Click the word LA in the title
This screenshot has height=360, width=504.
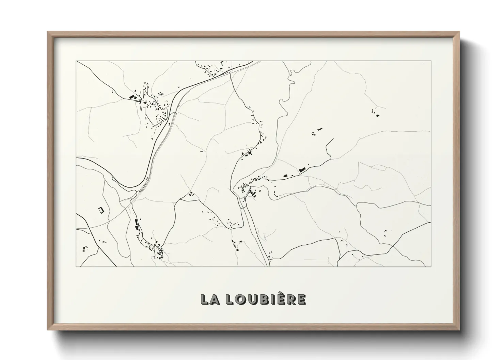click(x=209, y=299)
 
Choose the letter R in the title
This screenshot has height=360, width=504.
click(x=291, y=299)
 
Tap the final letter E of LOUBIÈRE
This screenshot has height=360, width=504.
click(x=301, y=299)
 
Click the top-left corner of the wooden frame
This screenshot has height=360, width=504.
click(x=48, y=32)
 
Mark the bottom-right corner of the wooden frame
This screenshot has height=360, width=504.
click(x=459, y=330)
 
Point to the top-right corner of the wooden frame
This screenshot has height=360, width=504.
click(x=459, y=32)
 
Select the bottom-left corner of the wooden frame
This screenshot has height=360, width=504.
click(x=48, y=330)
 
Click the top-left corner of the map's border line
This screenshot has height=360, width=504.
click(x=76, y=61)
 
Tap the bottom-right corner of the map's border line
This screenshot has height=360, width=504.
click(x=431, y=266)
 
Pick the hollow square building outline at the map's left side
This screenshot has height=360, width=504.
click(x=101, y=210)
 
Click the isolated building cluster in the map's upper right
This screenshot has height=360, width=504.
click(x=375, y=113)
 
